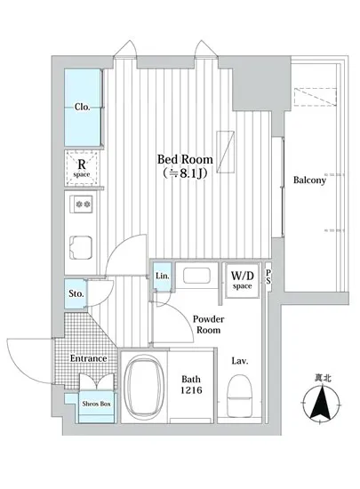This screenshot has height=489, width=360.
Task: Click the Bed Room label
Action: click(185, 159)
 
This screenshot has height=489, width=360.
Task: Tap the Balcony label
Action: click(309, 180)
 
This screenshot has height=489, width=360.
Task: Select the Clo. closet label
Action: click(83, 107)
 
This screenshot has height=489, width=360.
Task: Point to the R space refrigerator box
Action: click(82, 168)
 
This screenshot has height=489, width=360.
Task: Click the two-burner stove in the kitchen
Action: click(83, 204)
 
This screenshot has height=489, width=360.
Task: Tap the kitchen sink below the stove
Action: click(81, 248)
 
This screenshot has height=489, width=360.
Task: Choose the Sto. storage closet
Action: click(76, 293)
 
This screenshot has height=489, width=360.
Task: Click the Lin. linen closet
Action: click(163, 276)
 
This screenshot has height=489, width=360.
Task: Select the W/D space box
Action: click(242, 280)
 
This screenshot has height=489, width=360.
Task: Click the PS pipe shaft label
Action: click(268, 277)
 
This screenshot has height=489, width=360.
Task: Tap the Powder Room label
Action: click(208, 325)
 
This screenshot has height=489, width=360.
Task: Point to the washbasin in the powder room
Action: click(196, 276)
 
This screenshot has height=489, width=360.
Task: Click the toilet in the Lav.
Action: click(239, 396)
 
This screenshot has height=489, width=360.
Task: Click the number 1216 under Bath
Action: click(191, 389)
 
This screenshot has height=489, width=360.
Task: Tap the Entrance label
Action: click(88, 358)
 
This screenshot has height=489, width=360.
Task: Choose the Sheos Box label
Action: click(96, 404)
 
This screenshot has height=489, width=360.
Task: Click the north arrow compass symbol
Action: click(322, 402)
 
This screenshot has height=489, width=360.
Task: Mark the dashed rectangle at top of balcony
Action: click(316, 97)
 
